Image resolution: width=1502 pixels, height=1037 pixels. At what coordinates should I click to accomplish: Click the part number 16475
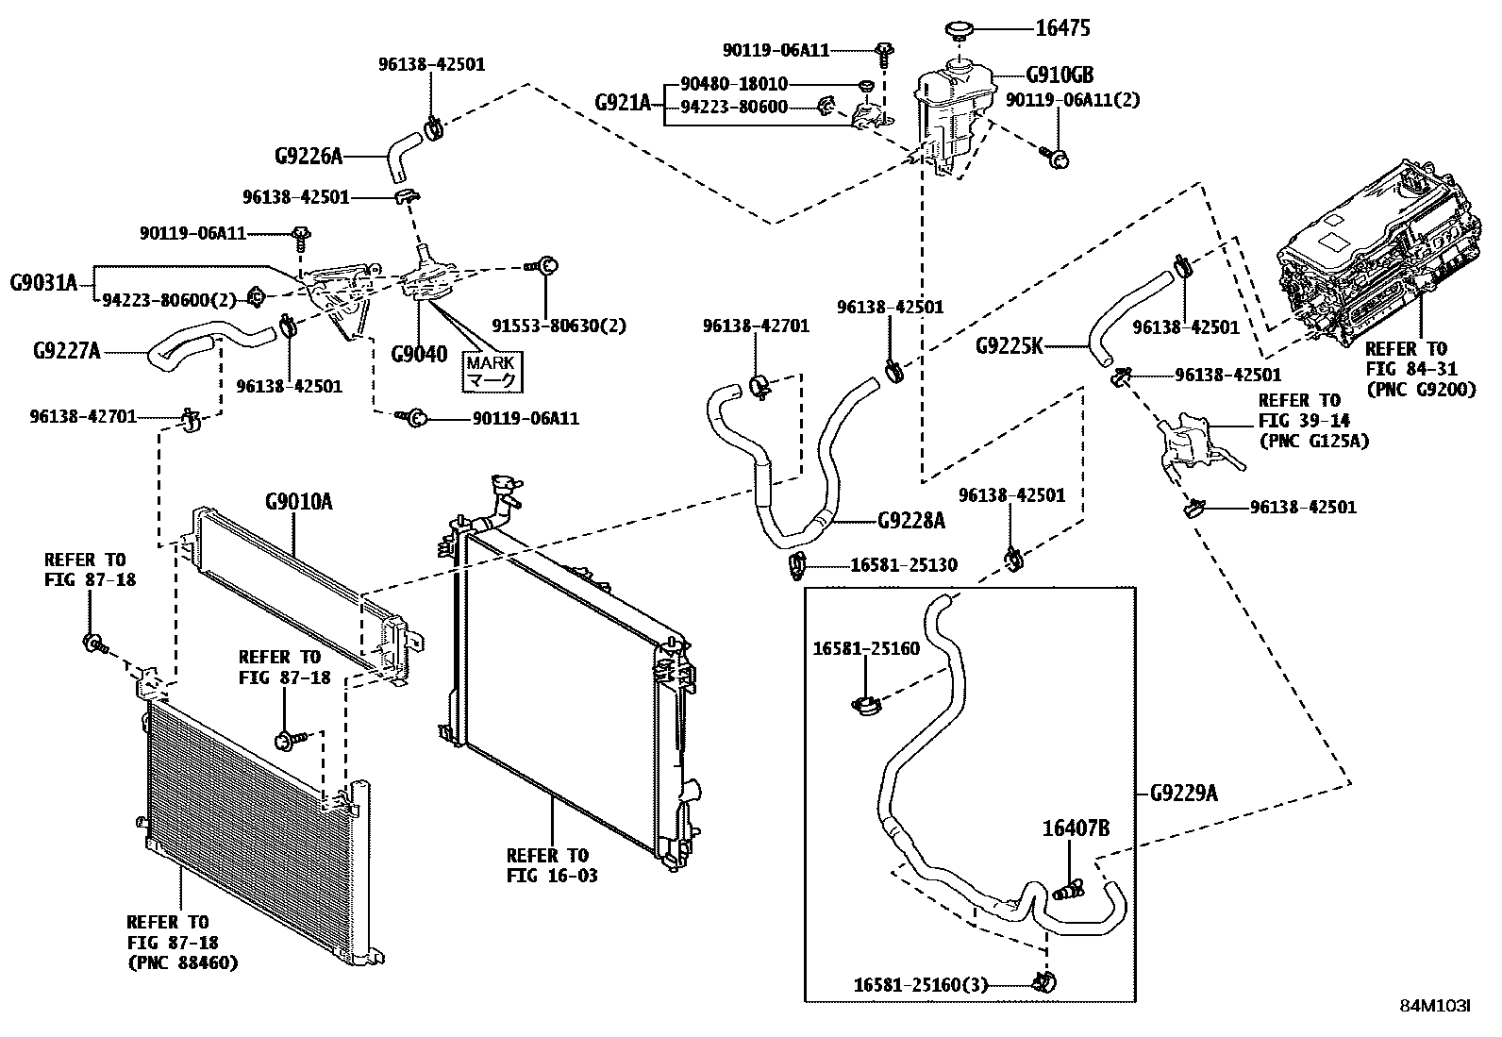click(1062, 28)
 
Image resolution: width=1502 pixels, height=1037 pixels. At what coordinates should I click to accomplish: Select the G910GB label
click(1060, 75)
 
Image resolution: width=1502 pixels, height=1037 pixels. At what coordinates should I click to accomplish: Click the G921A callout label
click(623, 103)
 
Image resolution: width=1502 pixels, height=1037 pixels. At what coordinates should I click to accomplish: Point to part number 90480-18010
click(734, 84)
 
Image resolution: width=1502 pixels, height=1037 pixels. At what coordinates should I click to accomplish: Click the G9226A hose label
click(309, 157)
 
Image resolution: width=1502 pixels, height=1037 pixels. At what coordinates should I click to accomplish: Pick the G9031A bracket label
click(43, 283)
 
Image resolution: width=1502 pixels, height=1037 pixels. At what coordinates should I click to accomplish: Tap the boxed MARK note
click(492, 372)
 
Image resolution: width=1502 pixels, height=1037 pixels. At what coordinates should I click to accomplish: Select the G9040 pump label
click(419, 354)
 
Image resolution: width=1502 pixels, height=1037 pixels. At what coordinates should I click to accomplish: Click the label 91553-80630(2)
click(559, 326)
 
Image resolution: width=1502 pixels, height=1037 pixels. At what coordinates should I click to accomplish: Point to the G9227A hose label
click(66, 351)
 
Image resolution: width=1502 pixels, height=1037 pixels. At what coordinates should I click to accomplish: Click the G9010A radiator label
click(299, 501)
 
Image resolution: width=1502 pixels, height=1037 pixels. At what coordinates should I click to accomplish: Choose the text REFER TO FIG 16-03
click(552, 865)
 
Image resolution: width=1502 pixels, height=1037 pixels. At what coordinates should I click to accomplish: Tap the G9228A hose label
click(911, 521)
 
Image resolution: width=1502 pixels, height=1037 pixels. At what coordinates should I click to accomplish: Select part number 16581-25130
click(904, 565)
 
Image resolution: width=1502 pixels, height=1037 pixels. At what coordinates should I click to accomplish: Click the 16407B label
click(1076, 828)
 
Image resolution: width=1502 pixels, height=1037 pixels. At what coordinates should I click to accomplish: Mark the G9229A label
click(1183, 794)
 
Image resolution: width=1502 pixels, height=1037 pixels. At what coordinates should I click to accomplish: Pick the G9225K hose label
click(1010, 346)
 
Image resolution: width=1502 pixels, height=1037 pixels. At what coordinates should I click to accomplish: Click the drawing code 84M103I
click(1435, 1024)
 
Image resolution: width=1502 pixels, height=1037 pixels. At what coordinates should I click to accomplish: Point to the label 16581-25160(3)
click(921, 985)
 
